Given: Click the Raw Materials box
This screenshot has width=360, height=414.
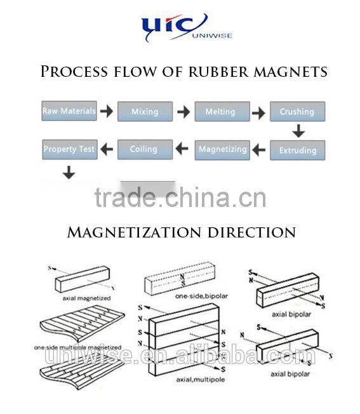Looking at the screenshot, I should [69, 111].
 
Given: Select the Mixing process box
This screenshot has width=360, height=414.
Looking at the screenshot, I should [145, 112].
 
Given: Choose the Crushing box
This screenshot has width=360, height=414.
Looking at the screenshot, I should [297, 112].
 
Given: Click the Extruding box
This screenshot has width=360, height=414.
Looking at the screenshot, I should [297, 150].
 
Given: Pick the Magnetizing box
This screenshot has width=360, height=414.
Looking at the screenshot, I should [222, 149].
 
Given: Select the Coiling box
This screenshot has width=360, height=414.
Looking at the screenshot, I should [144, 149].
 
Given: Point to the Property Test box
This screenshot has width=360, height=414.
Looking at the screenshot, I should [69, 149].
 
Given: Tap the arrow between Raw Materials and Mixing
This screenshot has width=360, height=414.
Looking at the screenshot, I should [107, 112].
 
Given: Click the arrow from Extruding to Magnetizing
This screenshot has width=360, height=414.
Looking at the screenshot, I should [258, 150].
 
